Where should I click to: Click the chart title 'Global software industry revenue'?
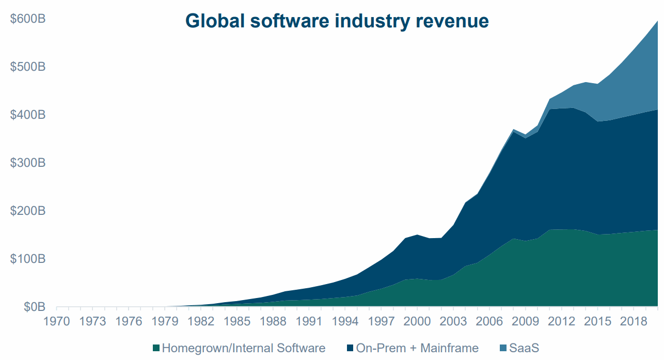[337, 21]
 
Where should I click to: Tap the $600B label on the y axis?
[28, 19]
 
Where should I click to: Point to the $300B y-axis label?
[28, 163]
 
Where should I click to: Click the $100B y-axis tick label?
[28, 259]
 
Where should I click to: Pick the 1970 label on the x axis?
[57, 321]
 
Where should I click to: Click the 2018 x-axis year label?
[633, 321]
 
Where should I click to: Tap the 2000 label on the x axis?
[417, 321]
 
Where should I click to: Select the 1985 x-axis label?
[237, 321]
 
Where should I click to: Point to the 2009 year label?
[525, 321]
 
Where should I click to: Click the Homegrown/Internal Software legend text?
[243, 348]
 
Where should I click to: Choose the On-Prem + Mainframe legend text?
[417, 348]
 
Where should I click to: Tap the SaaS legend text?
[524, 348]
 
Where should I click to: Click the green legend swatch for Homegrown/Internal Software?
[156, 348]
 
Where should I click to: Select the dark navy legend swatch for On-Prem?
[351, 348]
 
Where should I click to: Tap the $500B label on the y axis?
[28, 67]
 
